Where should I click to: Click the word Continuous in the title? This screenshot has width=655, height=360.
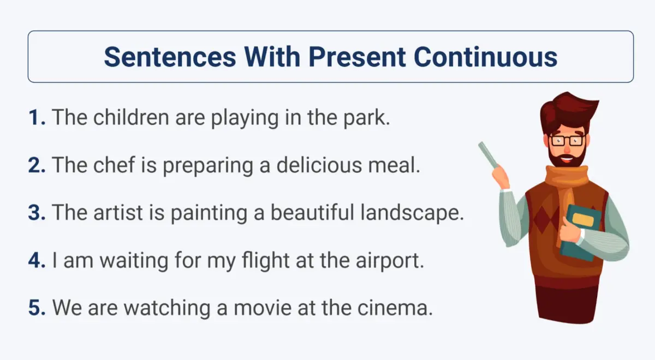pos(485,57)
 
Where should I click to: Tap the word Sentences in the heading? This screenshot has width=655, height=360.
pos(170,57)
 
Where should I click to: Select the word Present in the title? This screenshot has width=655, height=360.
pos(357,57)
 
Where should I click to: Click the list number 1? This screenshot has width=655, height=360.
pos(37,117)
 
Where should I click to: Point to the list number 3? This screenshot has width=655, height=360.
pos(37,212)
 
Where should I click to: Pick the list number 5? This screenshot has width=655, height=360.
pos(37,308)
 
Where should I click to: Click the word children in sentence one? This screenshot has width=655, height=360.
pos(132,117)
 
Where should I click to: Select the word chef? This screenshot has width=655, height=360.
pos(114,165)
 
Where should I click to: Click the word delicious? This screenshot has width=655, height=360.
pos(319,165)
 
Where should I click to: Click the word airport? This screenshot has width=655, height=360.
pos(390,261)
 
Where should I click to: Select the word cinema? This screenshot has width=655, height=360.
pos(395,308)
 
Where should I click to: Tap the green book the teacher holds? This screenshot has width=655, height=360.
pos(580,232)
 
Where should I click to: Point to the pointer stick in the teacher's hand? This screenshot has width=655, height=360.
pos(489,155)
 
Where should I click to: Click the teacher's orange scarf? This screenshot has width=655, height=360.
pos(566,190)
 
